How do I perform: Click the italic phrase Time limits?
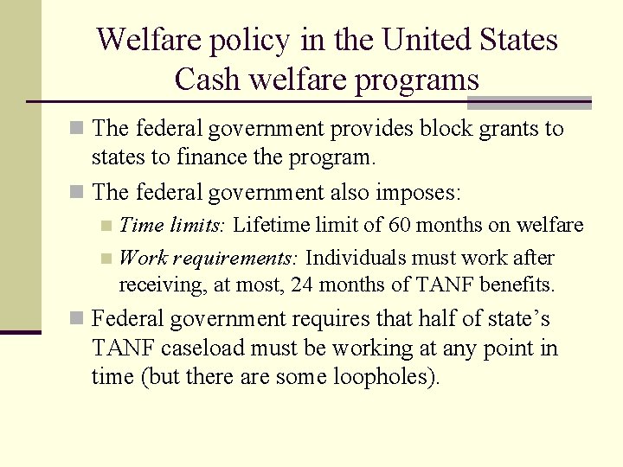172,226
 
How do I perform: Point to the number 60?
399,226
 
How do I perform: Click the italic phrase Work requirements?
209,258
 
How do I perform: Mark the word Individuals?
358,258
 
